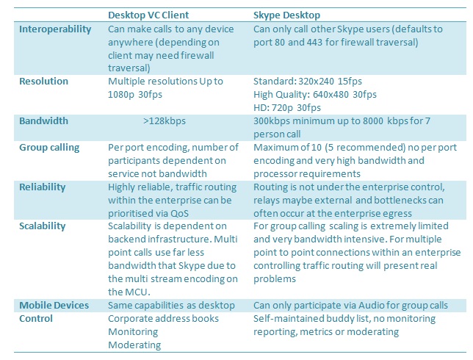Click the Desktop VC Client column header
(x=148, y=15)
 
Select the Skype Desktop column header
(x=286, y=15)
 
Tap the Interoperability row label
(x=55, y=29)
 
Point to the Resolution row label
(x=44, y=81)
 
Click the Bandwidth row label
(x=44, y=121)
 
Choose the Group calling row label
(x=49, y=148)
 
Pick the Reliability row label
(x=43, y=187)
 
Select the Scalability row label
(x=43, y=226)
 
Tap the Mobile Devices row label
(x=54, y=306)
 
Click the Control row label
(x=36, y=319)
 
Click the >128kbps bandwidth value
(x=165, y=121)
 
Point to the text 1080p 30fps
(x=135, y=95)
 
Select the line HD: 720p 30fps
(x=287, y=108)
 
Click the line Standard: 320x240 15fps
(x=308, y=81)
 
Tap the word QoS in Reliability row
(x=179, y=214)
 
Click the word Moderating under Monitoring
(x=134, y=345)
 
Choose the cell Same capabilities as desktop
(x=171, y=306)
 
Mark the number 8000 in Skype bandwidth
(x=373, y=121)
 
